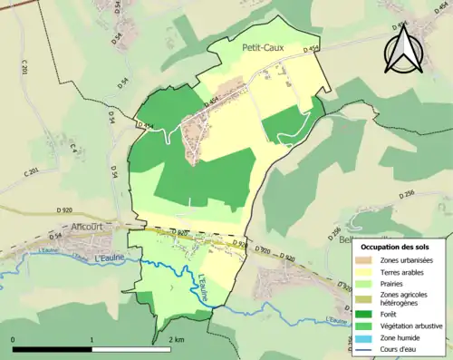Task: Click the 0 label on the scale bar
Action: click(14, 341)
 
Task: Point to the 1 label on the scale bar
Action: click(92, 341)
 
